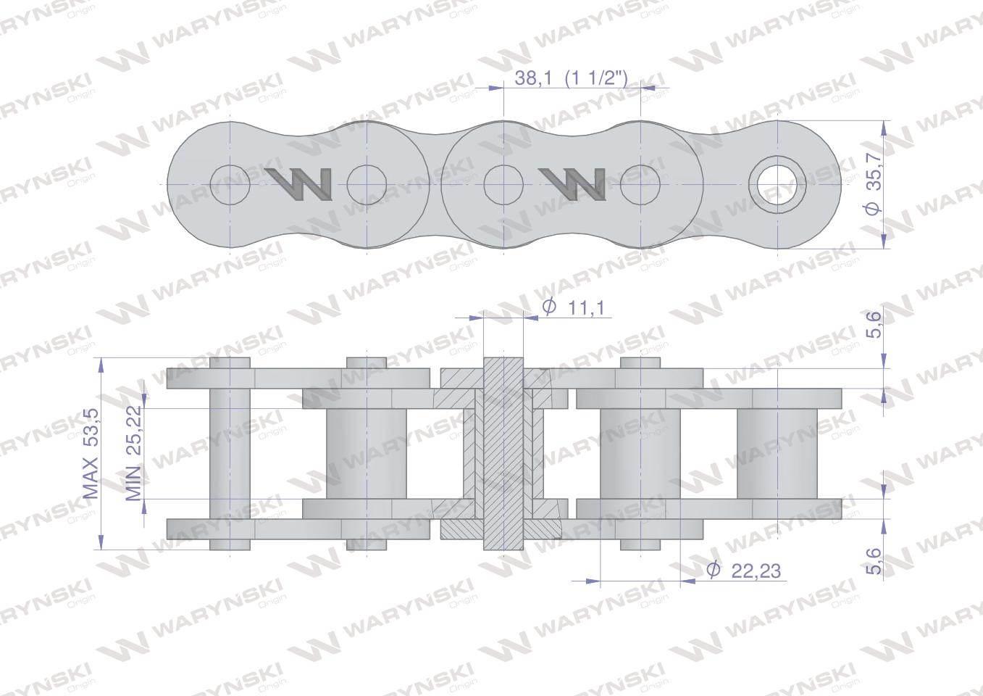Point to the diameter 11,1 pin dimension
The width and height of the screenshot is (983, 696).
(x=573, y=307)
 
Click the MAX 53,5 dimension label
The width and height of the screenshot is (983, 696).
(x=91, y=454)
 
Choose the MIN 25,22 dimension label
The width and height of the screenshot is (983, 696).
(x=133, y=453)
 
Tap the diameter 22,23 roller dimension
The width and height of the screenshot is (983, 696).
(x=744, y=571)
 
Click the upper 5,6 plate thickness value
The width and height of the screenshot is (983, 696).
(x=874, y=324)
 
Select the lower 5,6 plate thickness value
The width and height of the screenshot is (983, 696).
(x=874, y=560)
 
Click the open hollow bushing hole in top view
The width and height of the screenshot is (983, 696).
(x=777, y=184)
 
